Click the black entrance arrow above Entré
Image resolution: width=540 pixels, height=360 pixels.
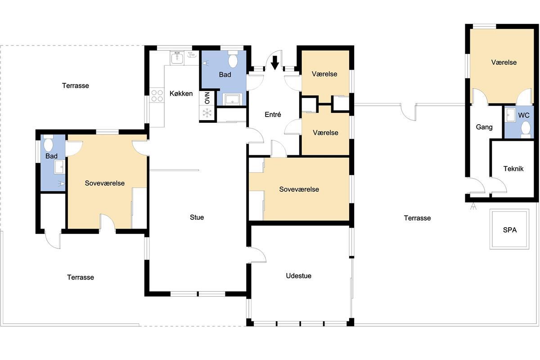pos(275,63)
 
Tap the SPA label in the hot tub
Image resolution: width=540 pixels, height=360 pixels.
pos(510,230)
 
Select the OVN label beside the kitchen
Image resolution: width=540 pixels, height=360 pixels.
pos(207,99)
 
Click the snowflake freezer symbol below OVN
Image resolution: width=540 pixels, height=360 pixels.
pos(207,113)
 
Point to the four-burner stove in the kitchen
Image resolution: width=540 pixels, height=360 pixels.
pos(157,95)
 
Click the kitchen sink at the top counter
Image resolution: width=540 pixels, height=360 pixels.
pos(177,58)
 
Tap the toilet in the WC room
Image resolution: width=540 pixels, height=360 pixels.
pos(526,129)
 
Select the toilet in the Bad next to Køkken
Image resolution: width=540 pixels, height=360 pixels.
pos(233,59)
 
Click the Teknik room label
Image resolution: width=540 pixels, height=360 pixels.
pos(513,169)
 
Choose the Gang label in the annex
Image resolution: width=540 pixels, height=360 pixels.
pos(484,127)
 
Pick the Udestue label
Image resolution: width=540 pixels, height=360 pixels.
pos(298,275)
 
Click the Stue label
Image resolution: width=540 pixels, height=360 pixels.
pos(197,217)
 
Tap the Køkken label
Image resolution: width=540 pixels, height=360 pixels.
pos(181,94)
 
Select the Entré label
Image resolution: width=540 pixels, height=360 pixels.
pos(273,114)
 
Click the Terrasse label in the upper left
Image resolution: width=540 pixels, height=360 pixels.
pos(76,85)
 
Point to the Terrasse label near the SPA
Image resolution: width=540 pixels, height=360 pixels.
pos(417,218)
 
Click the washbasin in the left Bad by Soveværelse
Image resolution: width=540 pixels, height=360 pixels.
pos(59,166)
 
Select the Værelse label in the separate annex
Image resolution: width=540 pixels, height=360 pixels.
pos(504,63)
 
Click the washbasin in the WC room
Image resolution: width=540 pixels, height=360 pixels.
pos(510,115)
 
